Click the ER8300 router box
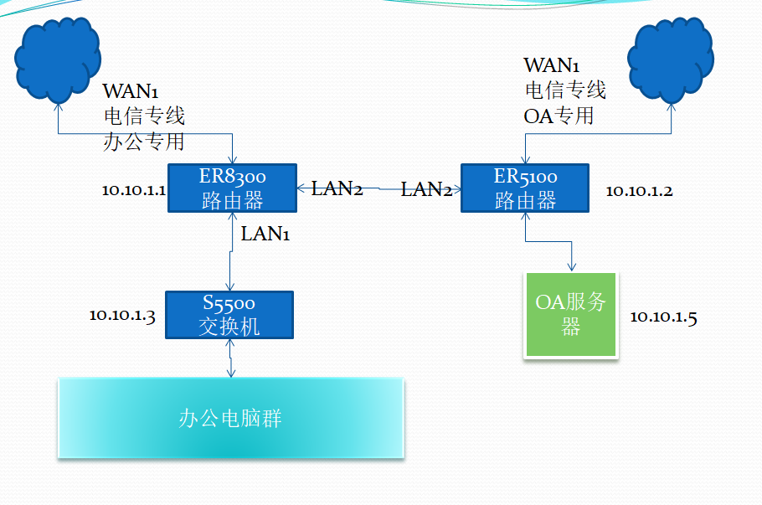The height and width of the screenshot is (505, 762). tap(232, 188)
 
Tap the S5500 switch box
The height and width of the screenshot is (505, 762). tap(229, 315)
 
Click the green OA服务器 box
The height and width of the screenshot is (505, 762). tap(570, 315)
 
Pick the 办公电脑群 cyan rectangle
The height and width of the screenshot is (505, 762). tap(230, 418)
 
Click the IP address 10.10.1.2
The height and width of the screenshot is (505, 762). tap(639, 191)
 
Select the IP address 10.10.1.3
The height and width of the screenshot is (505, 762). tap(122, 316)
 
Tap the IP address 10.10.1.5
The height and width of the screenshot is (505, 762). tap(663, 317)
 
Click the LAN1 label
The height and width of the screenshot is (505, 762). tap(265, 234)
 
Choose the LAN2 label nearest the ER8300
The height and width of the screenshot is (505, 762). tap(337, 188)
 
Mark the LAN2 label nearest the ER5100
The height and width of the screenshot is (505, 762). tap(426, 189)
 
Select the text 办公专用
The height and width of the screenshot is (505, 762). tap(143, 140)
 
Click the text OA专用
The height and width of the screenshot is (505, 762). tap(559, 115)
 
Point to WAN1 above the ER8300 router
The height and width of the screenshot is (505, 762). tap(131, 91)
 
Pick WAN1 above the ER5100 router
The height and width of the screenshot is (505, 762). tap(553, 65)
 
